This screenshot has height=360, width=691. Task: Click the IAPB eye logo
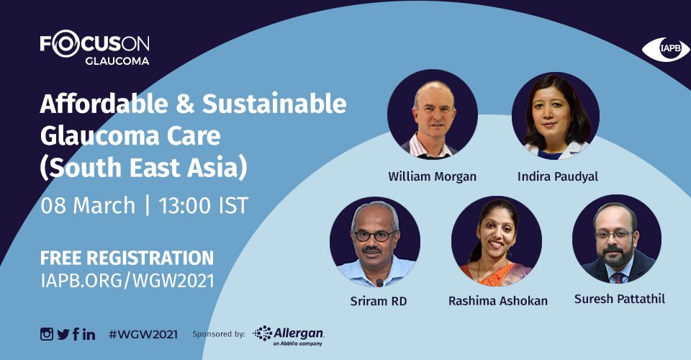[665, 49]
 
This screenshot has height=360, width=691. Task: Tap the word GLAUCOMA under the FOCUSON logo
[117, 61]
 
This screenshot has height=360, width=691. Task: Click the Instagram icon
[47, 334]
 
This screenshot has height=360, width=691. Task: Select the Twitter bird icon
[63, 335]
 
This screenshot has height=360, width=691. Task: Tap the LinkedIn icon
[89, 334]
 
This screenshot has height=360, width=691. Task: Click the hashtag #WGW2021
[143, 335]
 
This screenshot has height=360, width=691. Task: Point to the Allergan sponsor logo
[289, 336]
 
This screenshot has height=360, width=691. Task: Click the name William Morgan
[432, 176]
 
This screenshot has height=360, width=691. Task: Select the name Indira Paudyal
[557, 176]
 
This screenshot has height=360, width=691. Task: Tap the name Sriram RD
[379, 302]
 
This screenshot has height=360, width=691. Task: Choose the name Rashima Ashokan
[498, 301]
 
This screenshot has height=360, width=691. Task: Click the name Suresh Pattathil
[620, 299]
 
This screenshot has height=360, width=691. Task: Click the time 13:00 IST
[204, 206]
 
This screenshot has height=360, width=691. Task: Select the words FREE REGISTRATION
[127, 258]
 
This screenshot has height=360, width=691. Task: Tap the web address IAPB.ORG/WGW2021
[127, 281]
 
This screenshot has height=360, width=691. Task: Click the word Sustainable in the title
[274, 104]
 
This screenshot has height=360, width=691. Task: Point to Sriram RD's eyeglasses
[374, 235]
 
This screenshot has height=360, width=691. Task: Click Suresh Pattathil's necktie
[619, 277]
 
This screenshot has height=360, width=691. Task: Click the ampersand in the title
[185, 104]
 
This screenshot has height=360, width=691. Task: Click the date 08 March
[88, 206]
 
